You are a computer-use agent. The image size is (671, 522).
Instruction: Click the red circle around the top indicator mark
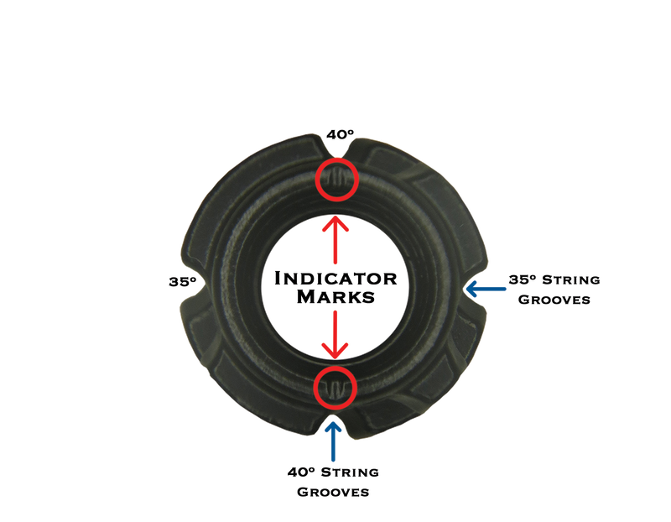point(337,180)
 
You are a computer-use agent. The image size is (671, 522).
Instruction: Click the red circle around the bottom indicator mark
point(335,387)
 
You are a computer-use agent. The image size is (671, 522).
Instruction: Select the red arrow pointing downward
point(336,331)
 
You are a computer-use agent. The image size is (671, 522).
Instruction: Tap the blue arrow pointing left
point(482,289)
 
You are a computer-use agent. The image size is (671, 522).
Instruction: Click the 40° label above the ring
point(341,133)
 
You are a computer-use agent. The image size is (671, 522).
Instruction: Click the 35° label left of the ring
point(179,283)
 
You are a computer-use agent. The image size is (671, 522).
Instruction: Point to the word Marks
point(336,296)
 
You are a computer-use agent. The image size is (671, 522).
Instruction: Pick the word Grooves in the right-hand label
point(557,300)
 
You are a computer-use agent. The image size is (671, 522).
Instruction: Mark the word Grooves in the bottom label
point(333,492)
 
